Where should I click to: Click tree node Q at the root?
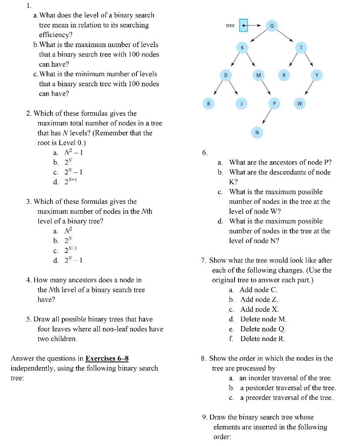pyautogui.click(x=272, y=25)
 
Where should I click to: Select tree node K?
pyautogui.click(x=242, y=47)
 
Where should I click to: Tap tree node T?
pyautogui.click(x=300, y=47)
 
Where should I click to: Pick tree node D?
pyautogui.click(x=225, y=75)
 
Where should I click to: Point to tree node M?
pyautogui.click(x=258, y=75)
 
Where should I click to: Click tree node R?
pyautogui.click(x=284, y=75)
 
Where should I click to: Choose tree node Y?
pyautogui.click(x=317, y=75)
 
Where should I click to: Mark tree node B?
pyautogui.click(x=208, y=104)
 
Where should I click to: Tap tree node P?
pyautogui.click(x=274, y=104)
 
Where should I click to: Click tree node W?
pyautogui.click(x=299, y=104)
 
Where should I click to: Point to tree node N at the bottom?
pyautogui.click(x=257, y=132)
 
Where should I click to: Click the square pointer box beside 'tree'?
pyautogui.click(x=243, y=25)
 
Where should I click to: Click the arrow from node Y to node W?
pyautogui.click(x=308, y=89)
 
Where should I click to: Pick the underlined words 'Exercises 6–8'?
pyautogui.click(x=107, y=358)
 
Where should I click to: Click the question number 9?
pyautogui.click(x=205, y=417)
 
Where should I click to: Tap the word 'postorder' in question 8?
pyautogui.click(x=259, y=388)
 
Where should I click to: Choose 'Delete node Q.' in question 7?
pyautogui.click(x=263, y=329)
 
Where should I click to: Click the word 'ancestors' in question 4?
pyautogui.click(x=85, y=280)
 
